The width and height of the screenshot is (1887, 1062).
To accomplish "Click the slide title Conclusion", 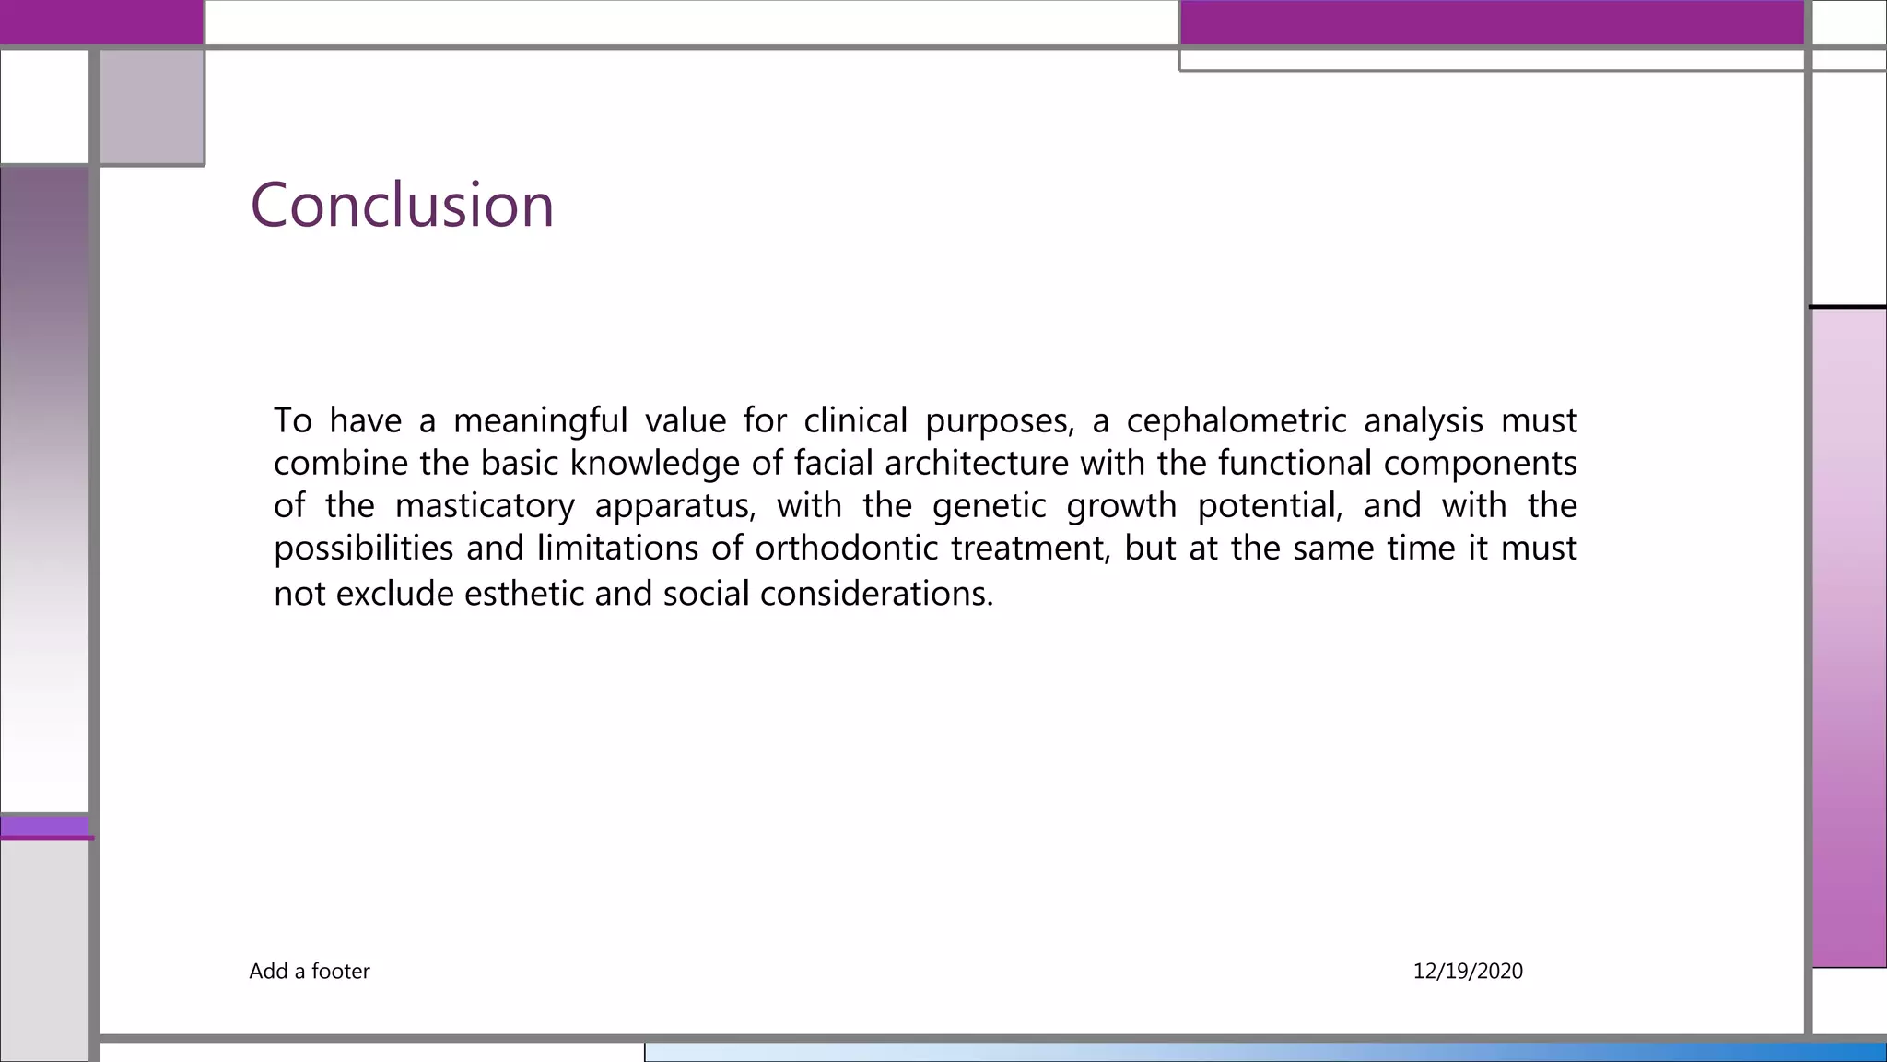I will [402, 205].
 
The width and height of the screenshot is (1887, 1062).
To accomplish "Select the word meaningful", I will [540, 420].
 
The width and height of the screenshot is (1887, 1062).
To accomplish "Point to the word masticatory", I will [485, 506].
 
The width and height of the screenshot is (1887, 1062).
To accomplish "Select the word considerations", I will [876, 593].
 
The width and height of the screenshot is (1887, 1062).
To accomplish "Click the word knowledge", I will [654, 463].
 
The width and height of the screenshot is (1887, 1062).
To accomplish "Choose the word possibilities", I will [364, 549].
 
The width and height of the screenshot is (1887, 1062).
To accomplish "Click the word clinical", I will [855, 420].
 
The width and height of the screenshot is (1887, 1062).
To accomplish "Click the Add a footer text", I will [310, 971].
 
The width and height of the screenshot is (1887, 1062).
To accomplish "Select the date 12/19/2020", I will [1468, 971].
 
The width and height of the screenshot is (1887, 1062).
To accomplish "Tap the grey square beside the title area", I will [152, 107].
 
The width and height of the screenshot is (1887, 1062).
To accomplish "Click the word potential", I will [1270, 506].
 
